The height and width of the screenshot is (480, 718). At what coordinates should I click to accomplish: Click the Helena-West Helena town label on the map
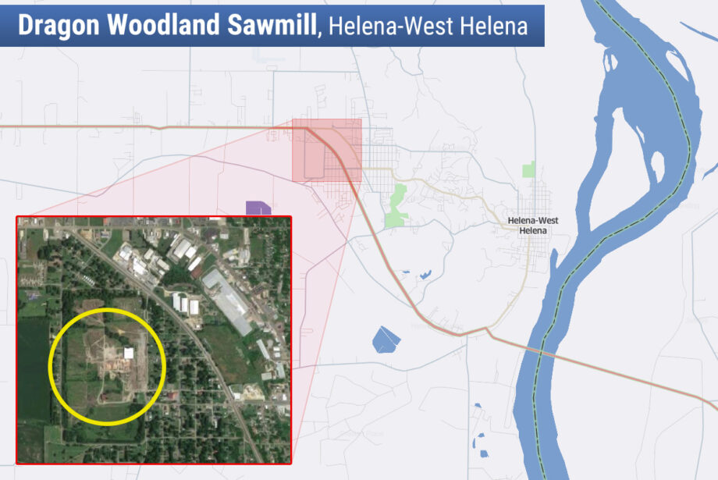click(x=533, y=226)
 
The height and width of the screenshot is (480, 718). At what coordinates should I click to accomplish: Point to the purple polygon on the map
click(x=258, y=208)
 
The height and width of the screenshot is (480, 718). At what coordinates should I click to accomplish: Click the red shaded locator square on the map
click(x=326, y=150)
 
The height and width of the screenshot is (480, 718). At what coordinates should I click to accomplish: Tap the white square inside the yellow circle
click(x=129, y=354)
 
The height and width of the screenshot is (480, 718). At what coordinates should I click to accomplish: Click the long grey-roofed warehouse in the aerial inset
click(x=227, y=300)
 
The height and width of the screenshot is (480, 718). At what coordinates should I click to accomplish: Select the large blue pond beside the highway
click(x=386, y=339)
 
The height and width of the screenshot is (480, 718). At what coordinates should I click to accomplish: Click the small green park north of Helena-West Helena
click(x=529, y=169)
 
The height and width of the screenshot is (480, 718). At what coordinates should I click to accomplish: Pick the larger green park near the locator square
click(x=397, y=204)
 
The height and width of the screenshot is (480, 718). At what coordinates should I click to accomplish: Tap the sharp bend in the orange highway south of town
click(x=487, y=330)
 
